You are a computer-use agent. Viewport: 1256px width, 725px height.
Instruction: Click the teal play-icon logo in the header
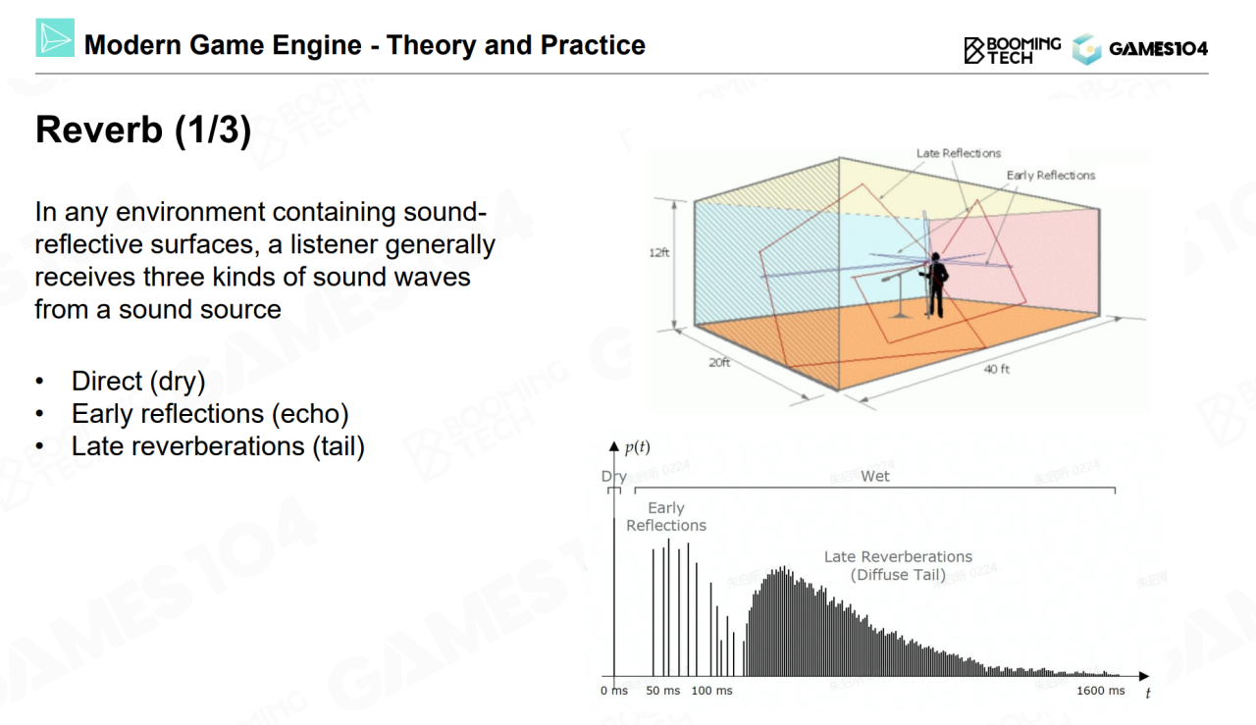tap(55, 37)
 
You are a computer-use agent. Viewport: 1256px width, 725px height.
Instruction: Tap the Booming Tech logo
tap(1012, 50)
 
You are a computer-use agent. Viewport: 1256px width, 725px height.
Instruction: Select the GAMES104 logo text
tap(1159, 49)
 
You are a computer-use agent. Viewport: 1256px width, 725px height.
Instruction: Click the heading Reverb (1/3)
tap(143, 130)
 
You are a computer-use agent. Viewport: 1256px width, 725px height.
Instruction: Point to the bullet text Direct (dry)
tap(138, 382)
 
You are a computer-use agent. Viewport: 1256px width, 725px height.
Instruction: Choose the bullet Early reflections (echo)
tap(210, 414)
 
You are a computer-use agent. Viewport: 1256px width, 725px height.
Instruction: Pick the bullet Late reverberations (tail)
tap(218, 446)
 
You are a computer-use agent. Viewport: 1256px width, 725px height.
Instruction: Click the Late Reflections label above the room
tap(959, 153)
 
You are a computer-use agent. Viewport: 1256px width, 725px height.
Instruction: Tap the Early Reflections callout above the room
tap(1050, 176)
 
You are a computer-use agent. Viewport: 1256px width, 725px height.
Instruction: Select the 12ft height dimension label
tap(659, 253)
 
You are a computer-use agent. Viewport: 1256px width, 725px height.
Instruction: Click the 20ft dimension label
tap(719, 363)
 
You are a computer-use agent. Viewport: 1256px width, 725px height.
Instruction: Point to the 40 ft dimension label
tap(996, 369)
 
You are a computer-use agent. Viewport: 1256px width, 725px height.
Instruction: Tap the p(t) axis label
tap(638, 447)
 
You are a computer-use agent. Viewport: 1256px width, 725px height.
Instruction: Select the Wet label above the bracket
tap(875, 476)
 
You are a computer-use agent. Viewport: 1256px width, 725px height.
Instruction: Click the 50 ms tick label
tap(662, 691)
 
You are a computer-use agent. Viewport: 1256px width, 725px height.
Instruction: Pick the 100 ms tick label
tap(711, 691)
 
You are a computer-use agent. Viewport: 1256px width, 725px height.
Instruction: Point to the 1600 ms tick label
tap(1101, 691)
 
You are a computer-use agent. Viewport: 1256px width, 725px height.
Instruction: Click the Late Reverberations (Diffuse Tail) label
tap(898, 566)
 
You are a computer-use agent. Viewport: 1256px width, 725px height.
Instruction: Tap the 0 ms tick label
tap(614, 691)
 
